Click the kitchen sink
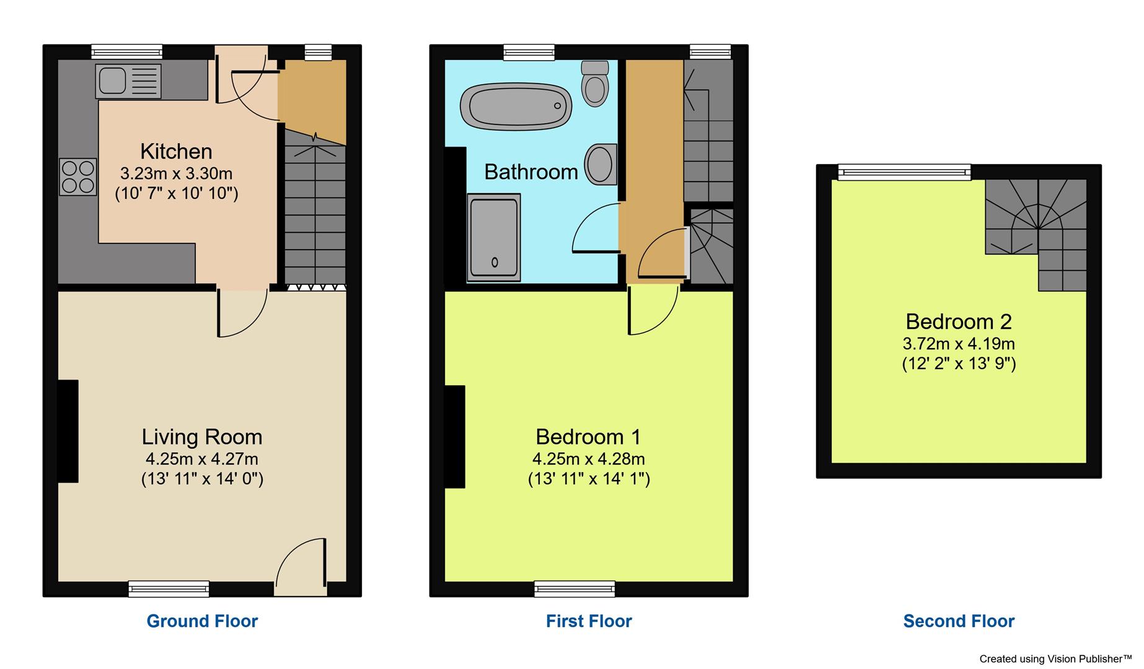click(128, 81)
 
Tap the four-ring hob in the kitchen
click(78, 177)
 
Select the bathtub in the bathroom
click(516, 106)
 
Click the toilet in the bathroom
click(595, 84)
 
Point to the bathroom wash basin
click(601, 165)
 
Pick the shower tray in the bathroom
click(493, 237)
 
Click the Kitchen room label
click(176, 151)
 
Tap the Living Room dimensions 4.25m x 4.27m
click(202, 459)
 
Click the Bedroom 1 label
click(588, 437)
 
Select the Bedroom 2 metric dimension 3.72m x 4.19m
click(959, 343)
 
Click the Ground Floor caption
click(202, 621)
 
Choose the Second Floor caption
click(959, 621)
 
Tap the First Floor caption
click(589, 621)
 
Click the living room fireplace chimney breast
click(68, 431)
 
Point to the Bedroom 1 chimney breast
click(455, 436)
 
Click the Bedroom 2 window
click(904, 172)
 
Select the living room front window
click(169, 588)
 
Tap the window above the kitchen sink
click(126, 52)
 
